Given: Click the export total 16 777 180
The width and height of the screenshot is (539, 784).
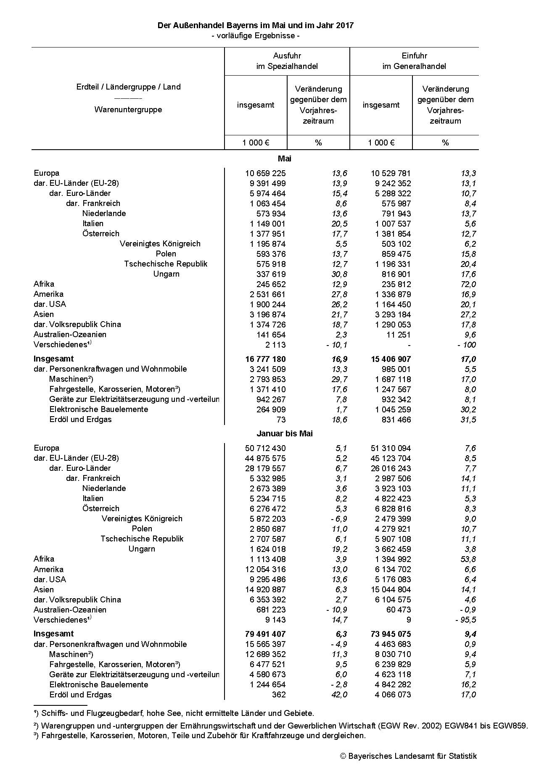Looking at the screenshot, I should (x=265, y=359).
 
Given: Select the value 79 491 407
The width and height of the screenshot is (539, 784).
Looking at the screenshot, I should (x=265, y=634).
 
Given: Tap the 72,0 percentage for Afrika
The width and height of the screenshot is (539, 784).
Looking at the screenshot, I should (x=468, y=284).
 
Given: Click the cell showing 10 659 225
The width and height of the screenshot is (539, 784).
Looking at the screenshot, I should (x=265, y=173).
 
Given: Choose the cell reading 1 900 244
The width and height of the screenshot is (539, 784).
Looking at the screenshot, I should (x=265, y=304).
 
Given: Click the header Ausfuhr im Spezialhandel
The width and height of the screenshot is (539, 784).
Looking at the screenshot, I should (x=287, y=61).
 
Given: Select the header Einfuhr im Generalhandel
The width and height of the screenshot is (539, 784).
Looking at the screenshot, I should (x=414, y=61).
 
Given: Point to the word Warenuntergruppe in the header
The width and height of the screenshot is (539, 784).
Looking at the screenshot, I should (x=128, y=110).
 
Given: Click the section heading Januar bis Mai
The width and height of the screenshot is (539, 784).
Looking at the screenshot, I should (x=285, y=433).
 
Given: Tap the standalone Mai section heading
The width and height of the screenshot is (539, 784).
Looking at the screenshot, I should (x=285, y=158).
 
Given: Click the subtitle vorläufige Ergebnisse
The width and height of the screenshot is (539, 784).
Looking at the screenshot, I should (x=255, y=36).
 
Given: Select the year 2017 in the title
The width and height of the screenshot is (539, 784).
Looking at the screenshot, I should (x=345, y=25).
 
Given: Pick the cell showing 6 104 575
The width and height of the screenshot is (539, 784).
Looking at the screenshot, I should (x=393, y=599).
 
